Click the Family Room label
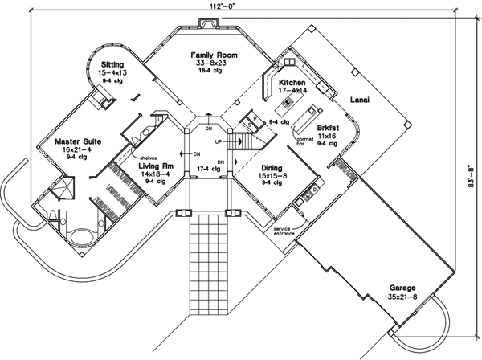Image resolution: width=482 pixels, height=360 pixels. (211, 55)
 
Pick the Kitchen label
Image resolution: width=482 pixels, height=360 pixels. (291, 83)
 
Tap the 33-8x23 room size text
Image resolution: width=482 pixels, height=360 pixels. (211, 63)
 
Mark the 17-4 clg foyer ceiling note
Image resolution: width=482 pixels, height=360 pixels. (210, 168)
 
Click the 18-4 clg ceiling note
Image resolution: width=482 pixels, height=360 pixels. (211, 72)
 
